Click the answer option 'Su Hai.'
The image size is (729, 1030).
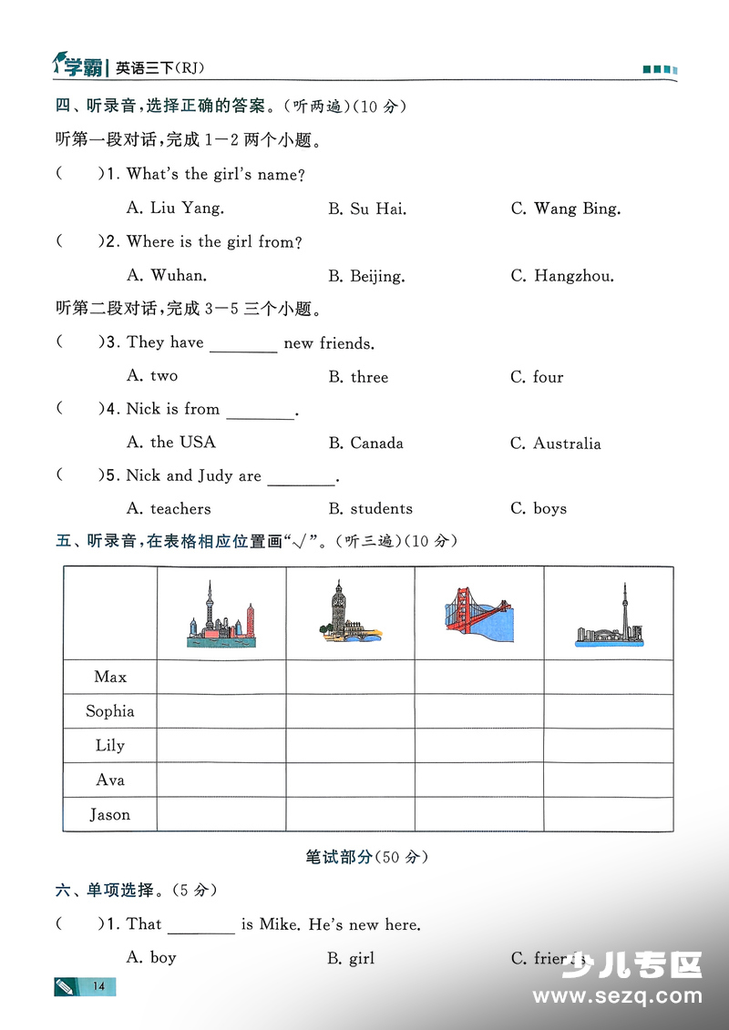(367, 209)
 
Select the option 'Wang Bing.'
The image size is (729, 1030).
(566, 209)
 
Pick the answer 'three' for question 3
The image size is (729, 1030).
(358, 377)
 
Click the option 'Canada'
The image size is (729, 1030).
(365, 444)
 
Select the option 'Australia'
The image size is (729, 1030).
(556, 444)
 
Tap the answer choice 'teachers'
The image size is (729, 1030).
(169, 509)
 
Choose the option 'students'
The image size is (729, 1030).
(370, 509)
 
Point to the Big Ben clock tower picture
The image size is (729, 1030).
(349, 612)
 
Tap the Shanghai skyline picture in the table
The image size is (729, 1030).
(221, 614)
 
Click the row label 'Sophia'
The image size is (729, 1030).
(110, 711)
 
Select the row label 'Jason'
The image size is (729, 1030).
(110, 815)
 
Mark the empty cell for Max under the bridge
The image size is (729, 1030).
(479, 677)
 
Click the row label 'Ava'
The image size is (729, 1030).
(110, 780)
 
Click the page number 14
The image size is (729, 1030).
(99, 986)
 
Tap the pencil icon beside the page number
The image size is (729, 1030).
(67, 985)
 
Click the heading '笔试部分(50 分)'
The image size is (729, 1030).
(366, 857)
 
